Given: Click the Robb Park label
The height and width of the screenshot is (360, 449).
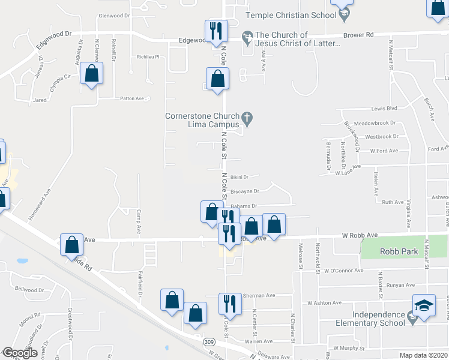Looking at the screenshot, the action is click(x=399, y=252).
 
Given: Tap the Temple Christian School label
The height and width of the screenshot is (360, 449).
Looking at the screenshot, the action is click(x=295, y=13).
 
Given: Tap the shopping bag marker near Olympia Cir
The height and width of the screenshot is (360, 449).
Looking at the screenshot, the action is click(x=91, y=74).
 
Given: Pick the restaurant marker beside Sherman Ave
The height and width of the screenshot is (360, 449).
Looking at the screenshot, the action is click(x=229, y=304).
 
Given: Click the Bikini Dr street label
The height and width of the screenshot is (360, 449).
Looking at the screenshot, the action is click(x=240, y=177).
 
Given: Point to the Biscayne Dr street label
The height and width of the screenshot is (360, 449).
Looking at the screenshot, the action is click(x=244, y=191).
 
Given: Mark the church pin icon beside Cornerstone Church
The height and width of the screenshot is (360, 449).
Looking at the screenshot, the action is click(x=246, y=116).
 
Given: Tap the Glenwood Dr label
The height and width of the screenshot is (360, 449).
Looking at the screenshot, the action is click(x=114, y=16).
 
